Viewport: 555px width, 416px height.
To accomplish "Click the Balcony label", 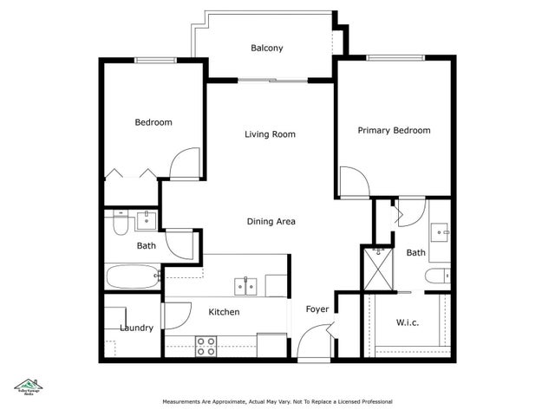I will tap(267, 49).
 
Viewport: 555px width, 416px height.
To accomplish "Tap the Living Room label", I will tap(270, 134).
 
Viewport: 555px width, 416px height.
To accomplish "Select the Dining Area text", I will tap(271, 222).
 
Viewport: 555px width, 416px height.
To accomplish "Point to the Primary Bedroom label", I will tap(394, 131).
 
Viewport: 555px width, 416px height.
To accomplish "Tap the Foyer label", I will tap(316, 309).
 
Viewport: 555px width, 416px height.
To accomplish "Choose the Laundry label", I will tap(137, 328).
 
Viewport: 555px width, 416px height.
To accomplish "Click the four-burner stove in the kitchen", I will tap(206, 346).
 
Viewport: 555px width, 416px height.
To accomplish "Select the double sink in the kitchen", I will tap(245, 285).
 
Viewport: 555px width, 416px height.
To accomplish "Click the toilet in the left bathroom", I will tap(120, 223).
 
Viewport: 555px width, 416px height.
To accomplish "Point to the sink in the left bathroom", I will tap(147, 218).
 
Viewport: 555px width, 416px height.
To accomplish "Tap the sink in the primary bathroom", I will tap(440, 231).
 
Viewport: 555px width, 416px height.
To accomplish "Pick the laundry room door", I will tap(172, 315).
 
